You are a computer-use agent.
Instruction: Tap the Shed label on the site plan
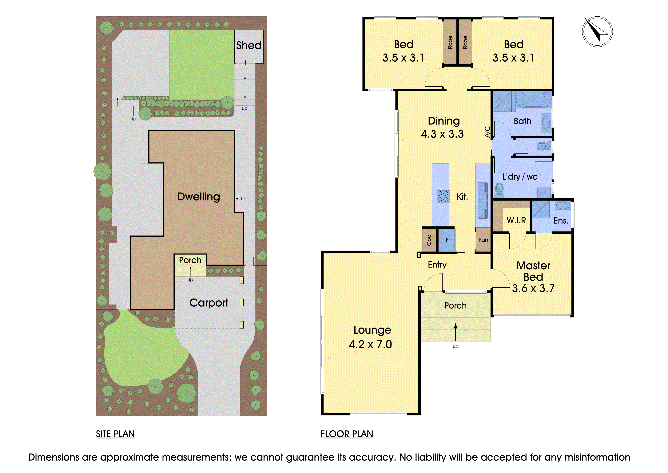(x=249, y=45)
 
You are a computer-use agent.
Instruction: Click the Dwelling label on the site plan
(x=199, y=197)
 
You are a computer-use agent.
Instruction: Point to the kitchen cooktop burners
(x=443, y=196)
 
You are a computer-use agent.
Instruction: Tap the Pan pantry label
(x=483, y=240)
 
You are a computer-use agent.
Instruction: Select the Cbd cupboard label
(x=429, y=240)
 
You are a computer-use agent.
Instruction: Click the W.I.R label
(x=516, y=220)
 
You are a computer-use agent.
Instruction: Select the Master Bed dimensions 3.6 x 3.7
(x=533, y=288)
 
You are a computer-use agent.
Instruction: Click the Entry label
(x=437, y=265)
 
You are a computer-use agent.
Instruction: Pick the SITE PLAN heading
(x=115, y=434)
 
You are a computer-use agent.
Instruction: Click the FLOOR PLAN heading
(x=347, y=434)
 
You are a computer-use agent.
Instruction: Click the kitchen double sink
(x=483, y=200)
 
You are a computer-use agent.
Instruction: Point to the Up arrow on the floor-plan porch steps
(x=456, y=332)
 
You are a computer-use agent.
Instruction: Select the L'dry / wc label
(x=520, y=177)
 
